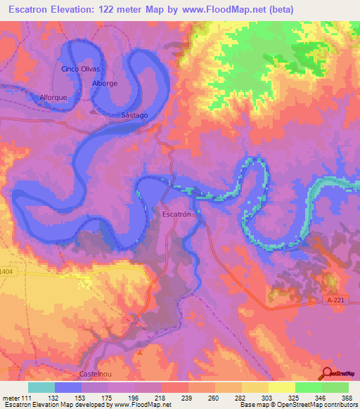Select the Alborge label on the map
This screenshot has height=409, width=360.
pyautogui.click(x=104, y=83)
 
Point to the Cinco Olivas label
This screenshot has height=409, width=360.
pyautogui.click(x=81, y=69)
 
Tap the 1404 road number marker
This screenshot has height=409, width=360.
pyautogui.click(x=6, y=271)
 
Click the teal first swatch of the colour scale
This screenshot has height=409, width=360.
pyautogui.click(x=41, y=387)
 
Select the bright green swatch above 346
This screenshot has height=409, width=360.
pyautogui.click(x=308, y=387)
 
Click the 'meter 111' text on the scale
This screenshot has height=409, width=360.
pyautogui.click(x=18, y=398)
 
